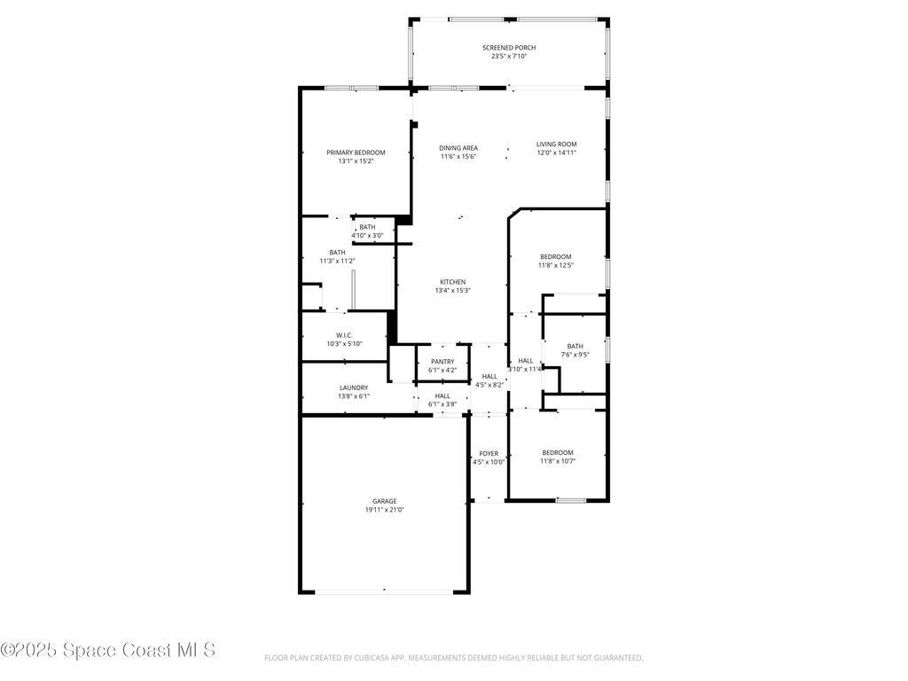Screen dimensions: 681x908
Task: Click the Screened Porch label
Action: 509,48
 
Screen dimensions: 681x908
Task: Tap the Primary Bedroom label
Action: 356,153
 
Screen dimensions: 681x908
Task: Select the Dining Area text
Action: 458,148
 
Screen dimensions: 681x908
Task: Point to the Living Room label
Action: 556,144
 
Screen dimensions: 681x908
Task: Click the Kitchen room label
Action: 452,282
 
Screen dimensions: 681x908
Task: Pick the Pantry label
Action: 442,361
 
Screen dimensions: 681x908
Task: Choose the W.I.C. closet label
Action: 345,335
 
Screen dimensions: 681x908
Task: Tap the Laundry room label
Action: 354,387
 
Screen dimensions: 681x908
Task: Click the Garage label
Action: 384,501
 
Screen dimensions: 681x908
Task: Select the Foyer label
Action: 489,453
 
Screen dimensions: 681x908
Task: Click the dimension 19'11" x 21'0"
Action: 384,510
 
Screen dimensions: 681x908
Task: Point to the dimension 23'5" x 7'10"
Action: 509,57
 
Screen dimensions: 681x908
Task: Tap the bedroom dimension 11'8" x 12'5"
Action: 556,265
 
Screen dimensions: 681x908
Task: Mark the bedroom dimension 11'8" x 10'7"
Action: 558,461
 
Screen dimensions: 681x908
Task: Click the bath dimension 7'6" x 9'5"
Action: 575,355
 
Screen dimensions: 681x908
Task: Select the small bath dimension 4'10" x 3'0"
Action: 367,235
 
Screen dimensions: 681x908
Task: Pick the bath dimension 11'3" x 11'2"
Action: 337,261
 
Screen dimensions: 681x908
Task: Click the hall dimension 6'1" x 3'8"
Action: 442,404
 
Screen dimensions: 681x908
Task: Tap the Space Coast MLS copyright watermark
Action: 108,650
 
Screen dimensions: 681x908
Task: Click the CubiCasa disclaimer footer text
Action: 453,658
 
